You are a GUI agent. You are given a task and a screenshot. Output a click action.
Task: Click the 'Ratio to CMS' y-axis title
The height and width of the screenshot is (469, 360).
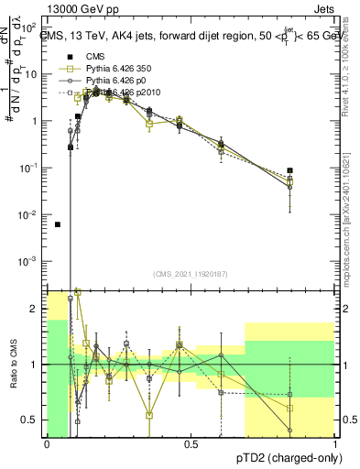tap(12, 365)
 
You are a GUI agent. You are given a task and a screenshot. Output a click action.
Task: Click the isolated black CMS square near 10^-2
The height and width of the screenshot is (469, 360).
tap(57, 224)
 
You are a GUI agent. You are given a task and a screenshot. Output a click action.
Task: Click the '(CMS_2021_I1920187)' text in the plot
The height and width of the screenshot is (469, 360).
tap(191, 275)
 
